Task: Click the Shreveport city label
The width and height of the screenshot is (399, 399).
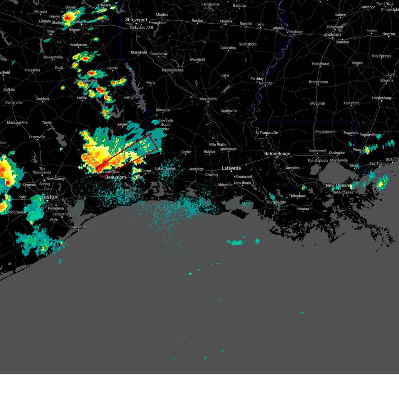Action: pyautogui.click(x=136, y=20)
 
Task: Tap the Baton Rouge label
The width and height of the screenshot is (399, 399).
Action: pyautogui.click(x=277, y=154)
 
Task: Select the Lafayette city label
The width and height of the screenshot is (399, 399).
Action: pyautogui.click(x=231, y=168)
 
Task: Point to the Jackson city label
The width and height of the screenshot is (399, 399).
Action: pyautogui.click(x=332, y=35)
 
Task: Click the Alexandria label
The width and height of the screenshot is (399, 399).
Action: pyautogui.click(x=208, y=99)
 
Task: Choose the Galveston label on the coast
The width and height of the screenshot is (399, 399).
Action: pyautogui.click(x=78, y=227)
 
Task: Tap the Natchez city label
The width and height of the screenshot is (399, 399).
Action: pyautogui.click(x=265, y=83)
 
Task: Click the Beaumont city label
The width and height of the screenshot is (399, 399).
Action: pyautogui.click(x=116, y=177)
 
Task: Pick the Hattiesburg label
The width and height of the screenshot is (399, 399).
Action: pyautogui.click(x=381, y=98)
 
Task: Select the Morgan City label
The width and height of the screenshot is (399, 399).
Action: pyautogui.click(x=276, y=202)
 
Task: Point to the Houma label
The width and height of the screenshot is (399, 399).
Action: pyautogui.click(x=303, y=209)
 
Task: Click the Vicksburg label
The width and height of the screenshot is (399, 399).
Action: pyautogui.click(x=294, y=32)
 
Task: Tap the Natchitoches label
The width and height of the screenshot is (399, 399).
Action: pyautogui.click(x=173, y=70)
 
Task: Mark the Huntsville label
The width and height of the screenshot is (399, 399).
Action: pyautogui.click(x=37, y=137)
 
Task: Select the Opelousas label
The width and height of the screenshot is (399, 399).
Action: pyautogui.click(x=228, y=149)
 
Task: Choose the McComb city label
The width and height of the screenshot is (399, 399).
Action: pyautogui.click(x=317, y=103)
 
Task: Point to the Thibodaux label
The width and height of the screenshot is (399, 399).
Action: pyautogui.click(x=297, y=196)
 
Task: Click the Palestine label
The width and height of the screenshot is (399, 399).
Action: pyautogui.click(x=33, y=70)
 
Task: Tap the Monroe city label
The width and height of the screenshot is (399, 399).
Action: pyautogui.click(x=226, y=21)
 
